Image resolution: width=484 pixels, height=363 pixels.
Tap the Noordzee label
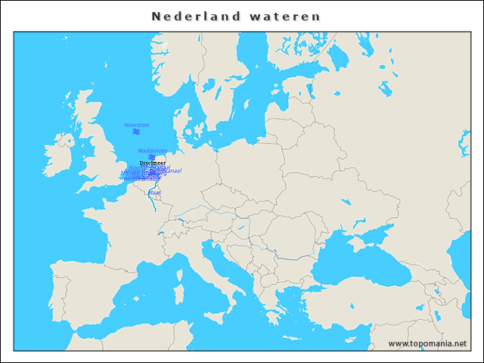pyautogui.click(x=136, y=125)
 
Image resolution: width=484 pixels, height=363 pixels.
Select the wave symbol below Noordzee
pyautogui.click(x=136, y=132)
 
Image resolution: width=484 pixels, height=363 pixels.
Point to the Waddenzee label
pyautogui.click(x=152, y=150)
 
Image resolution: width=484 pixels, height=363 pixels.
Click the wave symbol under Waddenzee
pyautogui.click(x=152, y=157)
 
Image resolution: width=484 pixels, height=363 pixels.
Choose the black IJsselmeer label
pyautogui.click(x=153, y=163)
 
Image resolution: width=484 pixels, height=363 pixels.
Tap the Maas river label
pyautogui.click(x=155, y=193)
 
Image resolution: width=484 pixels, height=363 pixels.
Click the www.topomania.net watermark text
pyautogui.click(x=427, y=343)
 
